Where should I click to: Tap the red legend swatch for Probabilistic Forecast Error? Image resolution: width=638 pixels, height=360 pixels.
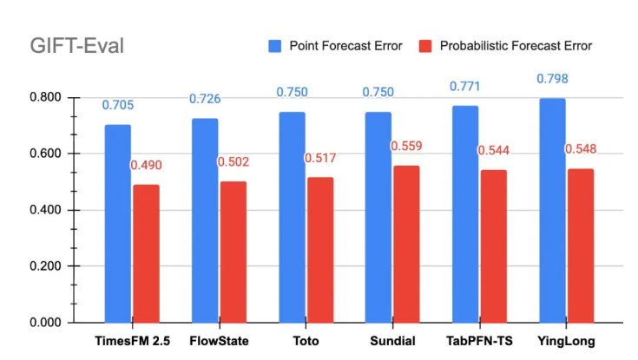coord(425,45)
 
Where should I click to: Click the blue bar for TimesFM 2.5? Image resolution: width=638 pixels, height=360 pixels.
coord(118,223)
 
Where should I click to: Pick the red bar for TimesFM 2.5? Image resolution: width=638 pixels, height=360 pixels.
coord(147,252)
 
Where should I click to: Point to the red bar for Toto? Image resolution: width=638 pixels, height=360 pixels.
coord(319,250)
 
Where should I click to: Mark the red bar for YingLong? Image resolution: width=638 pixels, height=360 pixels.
coord(580,245)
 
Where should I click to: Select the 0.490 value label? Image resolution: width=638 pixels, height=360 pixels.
coord(147,166)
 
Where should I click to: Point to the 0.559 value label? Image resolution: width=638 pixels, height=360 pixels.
coord(406,147)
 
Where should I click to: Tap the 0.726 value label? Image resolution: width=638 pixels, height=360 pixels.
coord(205,99)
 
